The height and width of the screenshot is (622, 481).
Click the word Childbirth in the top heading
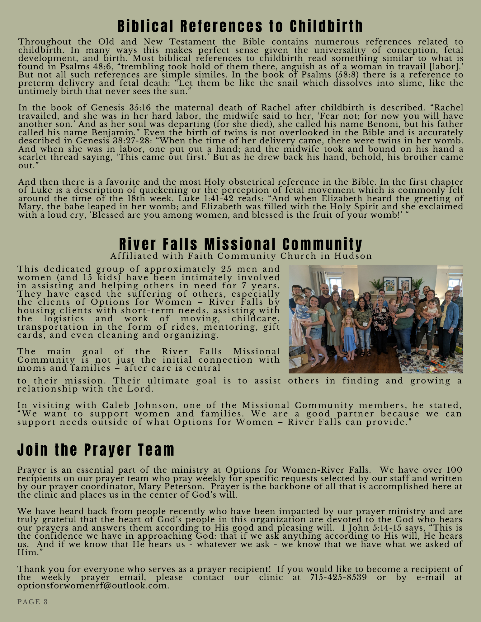pos(326,26)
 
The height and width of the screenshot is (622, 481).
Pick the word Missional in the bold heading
pos(240,244)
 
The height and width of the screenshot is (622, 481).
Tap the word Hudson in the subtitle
pos(353,256)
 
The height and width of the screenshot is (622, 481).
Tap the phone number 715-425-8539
pos(338,578)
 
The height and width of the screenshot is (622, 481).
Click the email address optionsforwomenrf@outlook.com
pos(93,586)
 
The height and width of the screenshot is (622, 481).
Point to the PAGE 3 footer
pos(33,602)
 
